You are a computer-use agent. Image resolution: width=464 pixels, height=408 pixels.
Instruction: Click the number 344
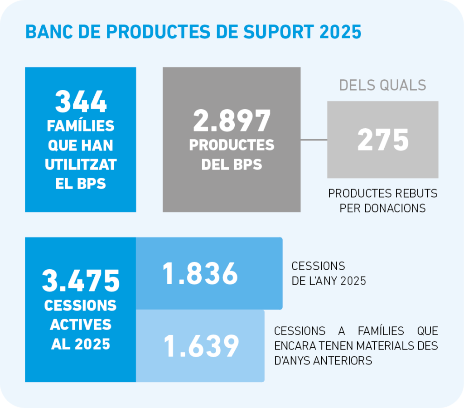coord(81,102)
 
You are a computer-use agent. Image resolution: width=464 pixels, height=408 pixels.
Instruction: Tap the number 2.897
coord(232,121)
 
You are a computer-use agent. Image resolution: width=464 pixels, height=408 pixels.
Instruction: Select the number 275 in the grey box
coord(383,140)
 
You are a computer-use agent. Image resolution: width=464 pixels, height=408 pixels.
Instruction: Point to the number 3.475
coord(81,281)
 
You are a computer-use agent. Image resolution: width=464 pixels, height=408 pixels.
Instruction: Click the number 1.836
coord(200,274)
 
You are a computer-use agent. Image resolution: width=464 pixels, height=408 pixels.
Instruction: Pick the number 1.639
coord(201,346)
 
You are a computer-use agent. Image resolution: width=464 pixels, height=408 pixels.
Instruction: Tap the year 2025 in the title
coord(341,32)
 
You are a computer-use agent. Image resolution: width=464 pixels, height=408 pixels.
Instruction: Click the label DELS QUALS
coord(382,85)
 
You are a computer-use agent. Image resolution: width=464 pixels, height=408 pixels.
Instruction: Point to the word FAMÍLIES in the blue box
coord(81,126)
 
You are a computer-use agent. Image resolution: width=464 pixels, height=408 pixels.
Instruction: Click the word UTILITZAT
coord(81,165)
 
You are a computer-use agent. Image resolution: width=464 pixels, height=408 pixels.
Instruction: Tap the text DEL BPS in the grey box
coord(232,164)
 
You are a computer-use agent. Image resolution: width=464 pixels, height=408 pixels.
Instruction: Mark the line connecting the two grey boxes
coord(314,140)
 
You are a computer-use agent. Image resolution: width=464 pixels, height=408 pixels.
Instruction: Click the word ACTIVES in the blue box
coord(81,325)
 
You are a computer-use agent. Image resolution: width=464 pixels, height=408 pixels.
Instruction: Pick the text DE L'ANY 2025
coord(329,281)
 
